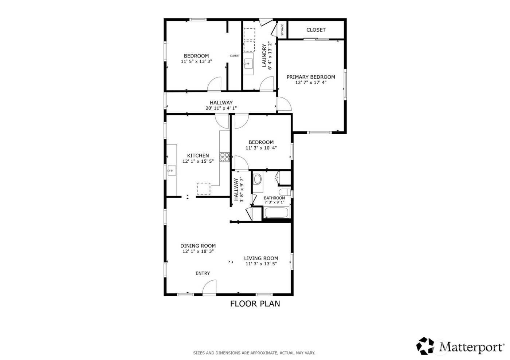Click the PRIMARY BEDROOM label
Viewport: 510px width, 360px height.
pyautogui.click(x=310, y=77)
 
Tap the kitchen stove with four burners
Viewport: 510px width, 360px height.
pyautogui.click(x=225, y=157)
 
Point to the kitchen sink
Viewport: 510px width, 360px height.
pyautogui.click(x=172, y=170)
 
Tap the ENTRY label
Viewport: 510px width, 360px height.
pyautogui.click(x=203, y=273)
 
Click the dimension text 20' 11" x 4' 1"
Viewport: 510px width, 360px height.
pyautogui.click(x=221, y=108)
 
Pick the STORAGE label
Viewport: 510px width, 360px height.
pyautogui.click(x=282, y=30)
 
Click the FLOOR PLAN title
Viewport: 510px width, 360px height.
pyautogui.click(x=255, y=304)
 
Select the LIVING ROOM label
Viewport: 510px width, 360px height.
pyautogui.click(x=261, y=258)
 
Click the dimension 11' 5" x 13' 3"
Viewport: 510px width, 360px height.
pyautogui.click(x=196, y=62)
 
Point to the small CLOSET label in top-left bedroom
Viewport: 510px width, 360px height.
pyautogui.click(x=235, y=56)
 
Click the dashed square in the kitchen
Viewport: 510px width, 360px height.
pyautogui.click(x=204, y=189)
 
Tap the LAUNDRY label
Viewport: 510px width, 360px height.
pyautogui.click(x=264, y=55)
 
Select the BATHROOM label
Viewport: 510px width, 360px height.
pyautogui.click(x=274, y=198)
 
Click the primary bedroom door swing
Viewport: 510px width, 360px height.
pyautogui.click(x=284, y=104)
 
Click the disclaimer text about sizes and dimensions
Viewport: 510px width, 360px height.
pyautogui.click(x=254, y=353)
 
